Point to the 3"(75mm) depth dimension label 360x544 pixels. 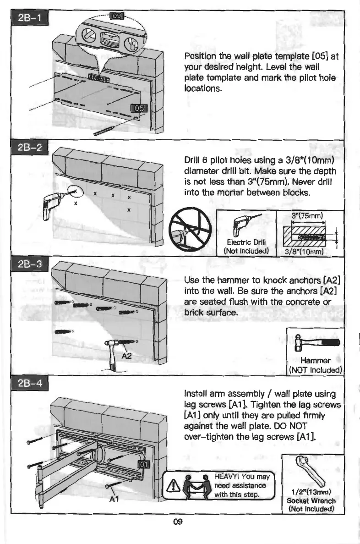coord(307,216)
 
